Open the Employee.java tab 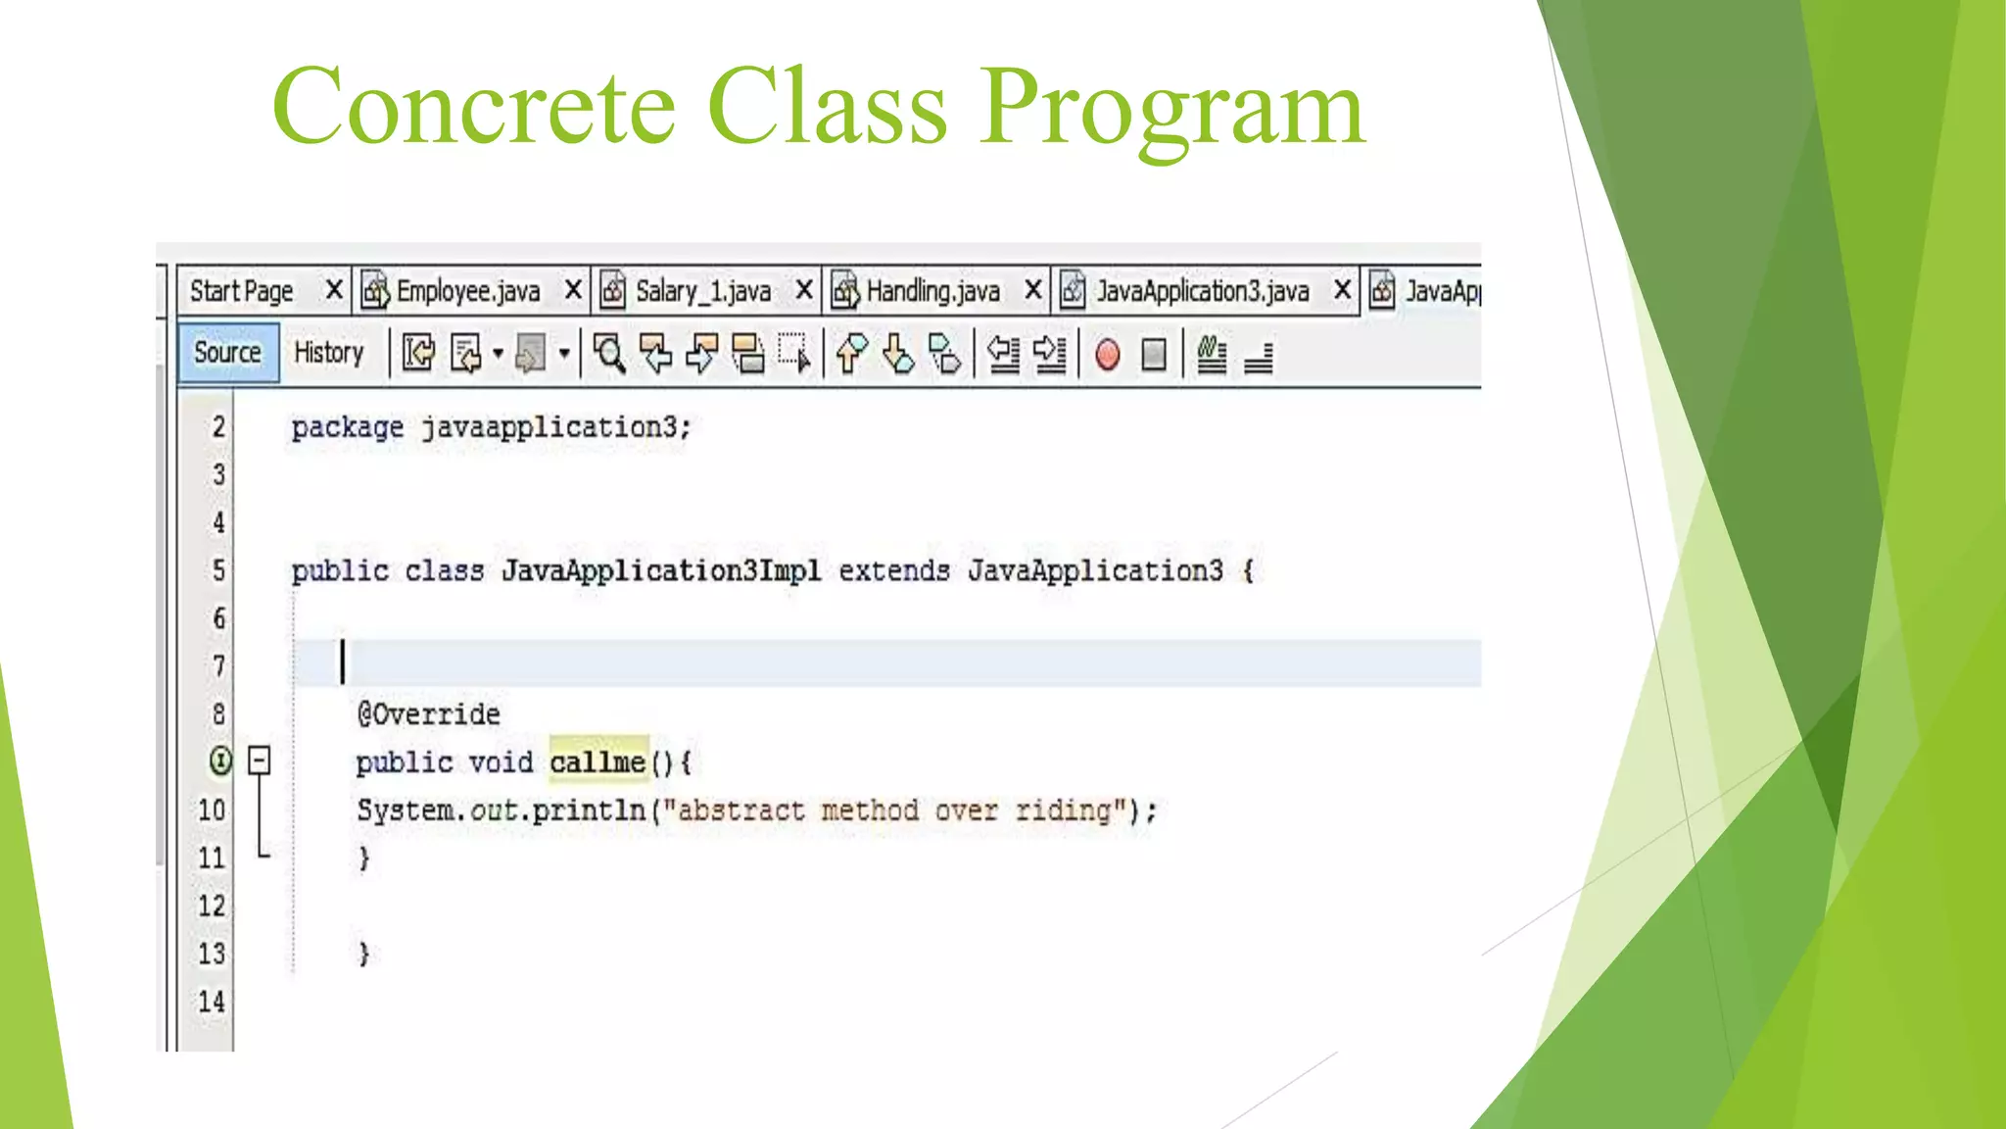click(x=467, y=291)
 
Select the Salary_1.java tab click(x=702, y=291)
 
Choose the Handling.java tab click(x=932, y=291)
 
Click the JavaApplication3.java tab click(x=1202, y=291)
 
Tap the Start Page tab click(x=241, y=291)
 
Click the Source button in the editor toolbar click(x=227, y=353)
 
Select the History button click(x=328, y=353)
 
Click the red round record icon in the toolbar click(x=1108, y=354)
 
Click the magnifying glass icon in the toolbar click(x=609, y=354)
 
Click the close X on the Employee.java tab click(x=573, y=290)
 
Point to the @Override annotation click(x=428, y=714)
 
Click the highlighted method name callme click(x=597, y=761)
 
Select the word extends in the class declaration click(x=893, y=570)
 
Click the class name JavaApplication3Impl click(x=661, y=570)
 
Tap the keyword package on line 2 click(x=347, y=427)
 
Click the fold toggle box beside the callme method click(x=259, y=761)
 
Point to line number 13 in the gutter click(x=212, y=954)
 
